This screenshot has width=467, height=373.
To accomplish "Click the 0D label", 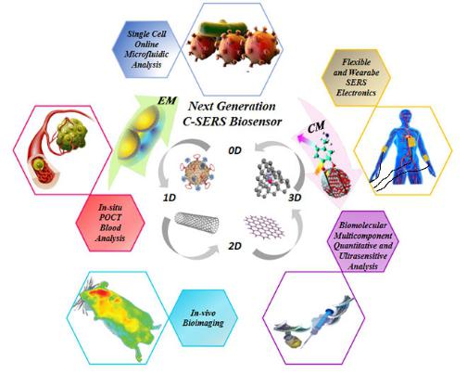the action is point(234,150).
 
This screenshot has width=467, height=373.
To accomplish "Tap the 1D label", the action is point(170,198).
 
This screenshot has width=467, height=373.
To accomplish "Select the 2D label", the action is point(234,246).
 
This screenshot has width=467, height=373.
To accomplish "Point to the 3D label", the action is point(295,198).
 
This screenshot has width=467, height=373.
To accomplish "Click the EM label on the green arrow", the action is point(167,101).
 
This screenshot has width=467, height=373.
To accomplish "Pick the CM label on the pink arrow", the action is point(316,127).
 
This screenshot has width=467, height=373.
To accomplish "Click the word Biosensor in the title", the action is point(254,122).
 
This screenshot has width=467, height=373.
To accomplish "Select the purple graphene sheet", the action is point(264,227).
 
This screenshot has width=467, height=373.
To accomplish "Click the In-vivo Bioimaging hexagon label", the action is point(203,318).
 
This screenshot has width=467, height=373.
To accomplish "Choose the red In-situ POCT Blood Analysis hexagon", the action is point(110,223).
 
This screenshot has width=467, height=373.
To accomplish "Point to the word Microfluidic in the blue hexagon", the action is point(146,55).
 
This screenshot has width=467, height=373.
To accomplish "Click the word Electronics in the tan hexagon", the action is point(356,93).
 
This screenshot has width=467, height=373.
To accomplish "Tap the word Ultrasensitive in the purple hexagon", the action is point(363,256).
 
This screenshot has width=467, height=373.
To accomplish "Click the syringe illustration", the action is point(322,322).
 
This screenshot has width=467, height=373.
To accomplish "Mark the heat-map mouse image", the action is point(117,318).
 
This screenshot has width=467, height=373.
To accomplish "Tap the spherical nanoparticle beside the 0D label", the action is point(197,172).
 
